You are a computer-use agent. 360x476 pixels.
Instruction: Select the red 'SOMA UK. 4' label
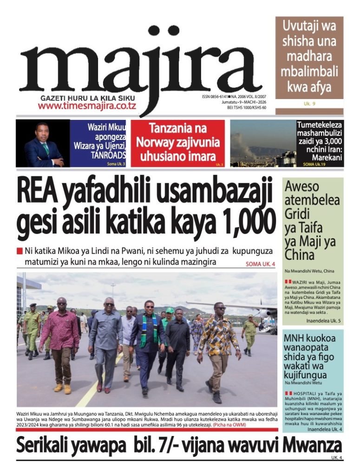coord(260,264)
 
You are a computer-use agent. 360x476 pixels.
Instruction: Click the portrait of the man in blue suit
coord(43,144)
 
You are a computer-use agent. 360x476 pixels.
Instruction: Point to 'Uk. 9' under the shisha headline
coord(309,104)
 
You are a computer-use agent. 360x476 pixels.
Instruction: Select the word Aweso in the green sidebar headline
coord(302,187)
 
